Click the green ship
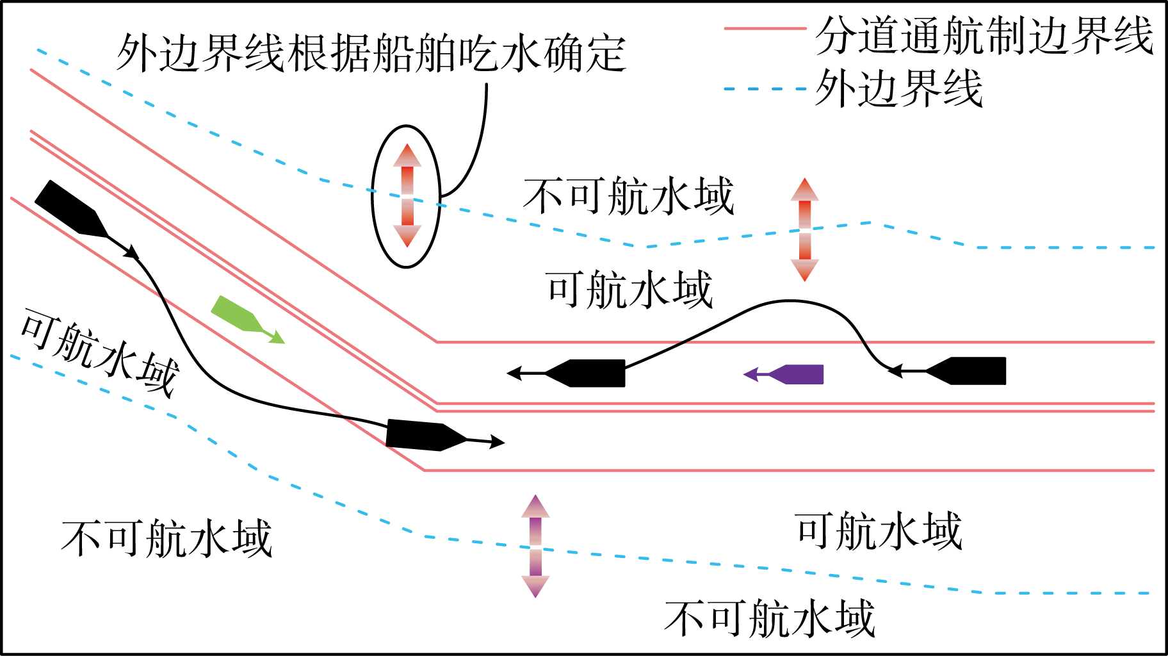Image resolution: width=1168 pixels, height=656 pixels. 237,314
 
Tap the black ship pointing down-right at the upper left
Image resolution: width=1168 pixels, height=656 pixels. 70,208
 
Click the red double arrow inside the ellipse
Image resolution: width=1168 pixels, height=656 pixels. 407,195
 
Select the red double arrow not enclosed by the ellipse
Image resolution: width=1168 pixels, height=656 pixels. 805,229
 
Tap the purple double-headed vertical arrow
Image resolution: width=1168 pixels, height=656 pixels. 535,546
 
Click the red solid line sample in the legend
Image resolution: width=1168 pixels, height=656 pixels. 765,29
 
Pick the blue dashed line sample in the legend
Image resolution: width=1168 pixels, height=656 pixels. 765,88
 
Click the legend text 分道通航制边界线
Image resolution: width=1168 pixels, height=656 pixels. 984,35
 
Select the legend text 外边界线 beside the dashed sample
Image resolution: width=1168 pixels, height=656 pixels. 898,88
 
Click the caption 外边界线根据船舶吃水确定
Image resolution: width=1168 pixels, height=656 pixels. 371,53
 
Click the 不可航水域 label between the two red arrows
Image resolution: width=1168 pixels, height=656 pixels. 628,196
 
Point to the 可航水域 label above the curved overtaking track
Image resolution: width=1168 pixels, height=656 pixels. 629,290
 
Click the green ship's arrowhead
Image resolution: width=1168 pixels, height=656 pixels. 277,337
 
